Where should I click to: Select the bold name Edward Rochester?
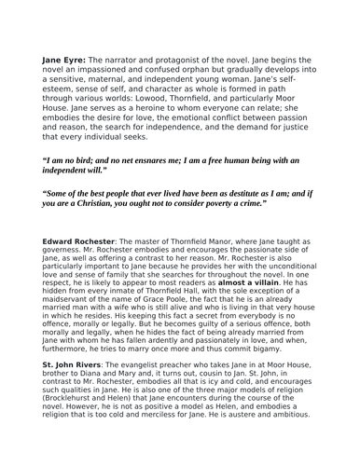coord(77,240)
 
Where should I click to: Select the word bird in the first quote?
coord(90,160)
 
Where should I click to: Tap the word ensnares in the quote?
coord(171,160)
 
